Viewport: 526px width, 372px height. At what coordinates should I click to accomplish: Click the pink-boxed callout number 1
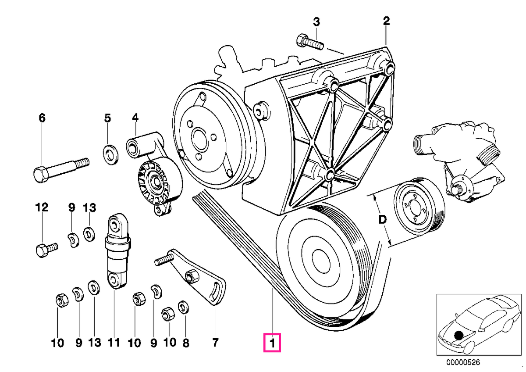(x=272, y=343)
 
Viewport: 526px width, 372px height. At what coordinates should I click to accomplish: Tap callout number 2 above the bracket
(x=386, y=21)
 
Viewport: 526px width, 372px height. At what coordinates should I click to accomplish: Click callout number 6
(x=42, y=118)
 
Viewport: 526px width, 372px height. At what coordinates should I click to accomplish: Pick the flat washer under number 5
(x=110, y=155)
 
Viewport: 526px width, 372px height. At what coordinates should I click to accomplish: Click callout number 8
(x=186, y=343)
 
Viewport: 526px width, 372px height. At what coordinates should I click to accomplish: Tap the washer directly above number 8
(x=183, y=307)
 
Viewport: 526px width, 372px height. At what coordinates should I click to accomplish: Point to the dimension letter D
(x=383, y=220)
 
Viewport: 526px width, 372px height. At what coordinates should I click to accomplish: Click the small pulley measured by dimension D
(x=419, y=206)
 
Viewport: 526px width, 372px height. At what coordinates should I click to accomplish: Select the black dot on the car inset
(x=458, y=335)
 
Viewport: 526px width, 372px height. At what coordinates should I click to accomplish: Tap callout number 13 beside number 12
(x=89, y=208)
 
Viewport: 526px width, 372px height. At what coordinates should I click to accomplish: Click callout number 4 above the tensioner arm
(x=135, y=118)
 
